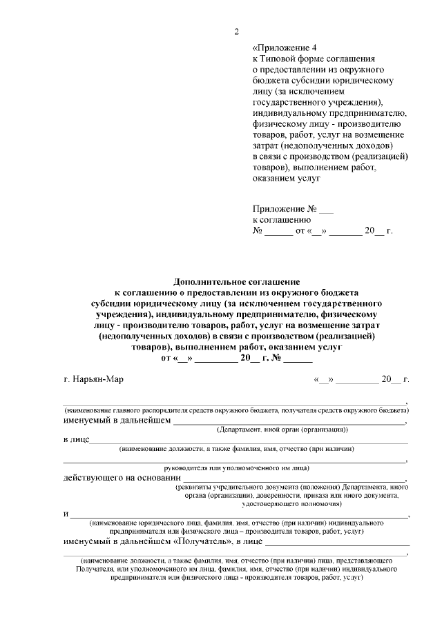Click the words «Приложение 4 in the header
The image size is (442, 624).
284,48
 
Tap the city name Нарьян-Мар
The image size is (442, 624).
93,379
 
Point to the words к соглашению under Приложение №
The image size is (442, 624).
282,219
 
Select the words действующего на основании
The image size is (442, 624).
121,477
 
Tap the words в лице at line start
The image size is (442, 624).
75,439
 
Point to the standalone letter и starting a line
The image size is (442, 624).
66,514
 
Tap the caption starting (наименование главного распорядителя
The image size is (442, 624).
236,410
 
